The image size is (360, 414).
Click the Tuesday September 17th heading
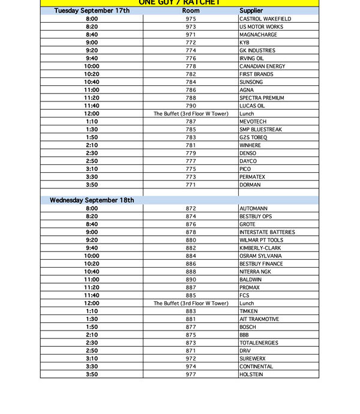(92, 11)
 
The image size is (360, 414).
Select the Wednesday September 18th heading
(92, 200)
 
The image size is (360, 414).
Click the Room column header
(191, 11)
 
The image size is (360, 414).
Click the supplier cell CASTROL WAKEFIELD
(265, 19)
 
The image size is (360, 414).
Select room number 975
(191, 19)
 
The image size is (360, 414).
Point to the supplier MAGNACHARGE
(259, 35)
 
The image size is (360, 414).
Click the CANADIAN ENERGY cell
(262, 67)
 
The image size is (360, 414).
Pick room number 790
(191, 106)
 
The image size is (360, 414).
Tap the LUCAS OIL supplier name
(252, 106)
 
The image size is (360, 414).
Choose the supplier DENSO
(248, 153)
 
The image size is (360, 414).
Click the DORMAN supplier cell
(250, 185)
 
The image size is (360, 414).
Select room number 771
(191, 185)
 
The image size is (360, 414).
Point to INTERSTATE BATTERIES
(267, 232)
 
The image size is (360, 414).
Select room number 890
(191, 280)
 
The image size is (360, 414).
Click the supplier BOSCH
(248, 327)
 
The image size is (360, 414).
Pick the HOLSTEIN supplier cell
(251, 374)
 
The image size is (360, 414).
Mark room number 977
(191, 374)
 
